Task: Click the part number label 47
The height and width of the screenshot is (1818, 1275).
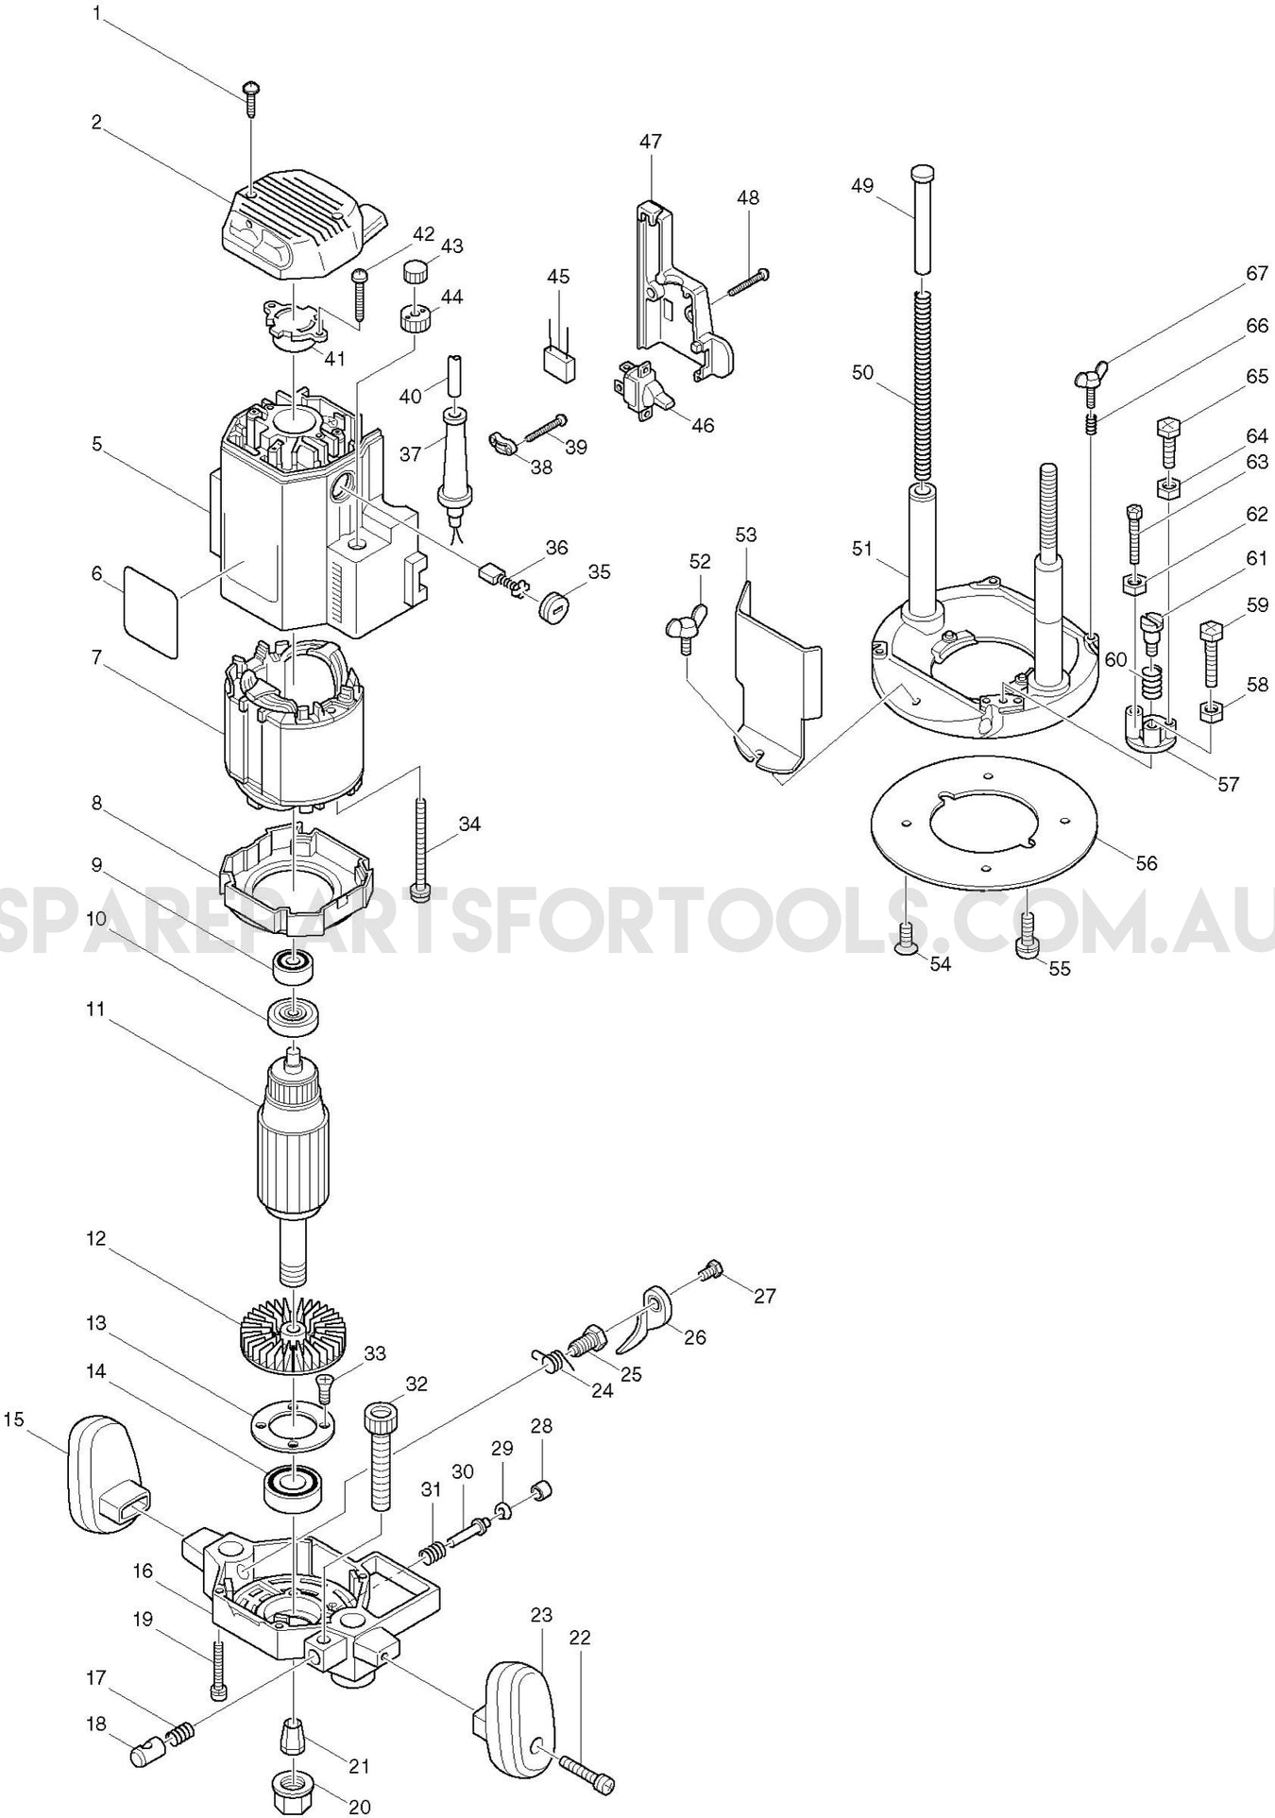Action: [650, 142]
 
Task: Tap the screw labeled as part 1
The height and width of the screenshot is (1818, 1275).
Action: [251, 93]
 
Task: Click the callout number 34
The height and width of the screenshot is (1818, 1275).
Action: [469, 824]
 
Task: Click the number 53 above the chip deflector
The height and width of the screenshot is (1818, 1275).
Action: [746, 535]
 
